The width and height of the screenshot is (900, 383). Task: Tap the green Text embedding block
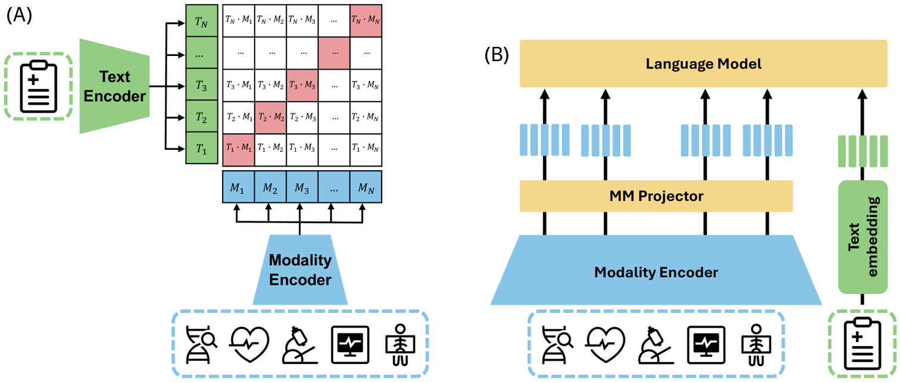point(862,237)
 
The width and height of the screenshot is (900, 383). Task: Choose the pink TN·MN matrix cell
point(365,20)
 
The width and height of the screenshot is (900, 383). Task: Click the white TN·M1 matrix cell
point(238,20)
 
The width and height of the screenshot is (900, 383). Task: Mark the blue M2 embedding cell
point(270,188)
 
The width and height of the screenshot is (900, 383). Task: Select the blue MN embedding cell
point(365,188)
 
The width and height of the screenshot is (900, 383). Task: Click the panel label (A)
point(19,15)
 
